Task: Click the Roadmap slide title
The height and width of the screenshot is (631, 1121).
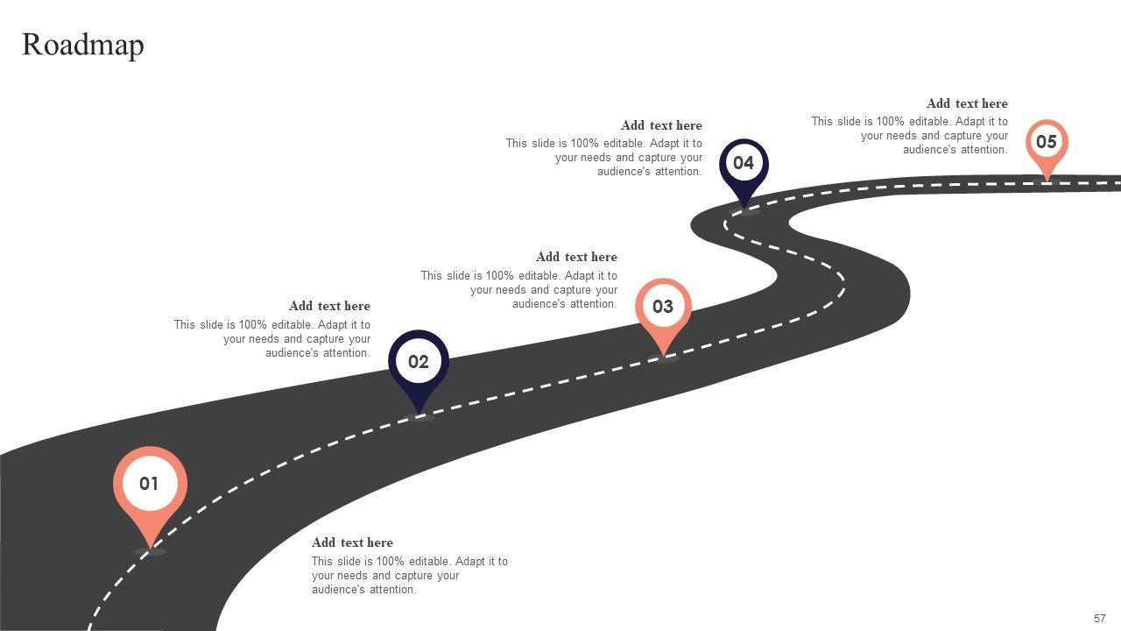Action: (x=83, y=45)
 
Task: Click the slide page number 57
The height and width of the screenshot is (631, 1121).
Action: (x=1100, y=618)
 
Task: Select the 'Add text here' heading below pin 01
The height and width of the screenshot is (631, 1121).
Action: (x=352, y=542)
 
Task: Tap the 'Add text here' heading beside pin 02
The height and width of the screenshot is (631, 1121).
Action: (x=329, y=306)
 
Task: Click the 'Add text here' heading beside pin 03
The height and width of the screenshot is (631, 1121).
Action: (x=576, y=257)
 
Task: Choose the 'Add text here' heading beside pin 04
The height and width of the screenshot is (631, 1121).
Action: (x=661, y=125)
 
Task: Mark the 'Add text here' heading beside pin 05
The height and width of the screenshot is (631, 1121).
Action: (x=967, y=103)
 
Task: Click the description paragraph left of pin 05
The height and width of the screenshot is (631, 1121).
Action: (x=910, y=136)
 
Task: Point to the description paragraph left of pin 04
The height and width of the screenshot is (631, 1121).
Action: (x=604, y=158)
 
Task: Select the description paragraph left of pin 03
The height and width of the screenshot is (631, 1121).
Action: (x=519, y=289)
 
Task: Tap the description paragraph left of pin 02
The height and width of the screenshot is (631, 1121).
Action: (x=272, y=338)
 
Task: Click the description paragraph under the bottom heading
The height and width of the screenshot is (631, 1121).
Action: (x=409, y=576)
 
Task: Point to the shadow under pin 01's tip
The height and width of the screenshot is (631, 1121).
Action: (x=151, y=552)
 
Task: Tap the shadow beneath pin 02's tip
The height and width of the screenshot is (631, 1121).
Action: (x=419, y=417)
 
